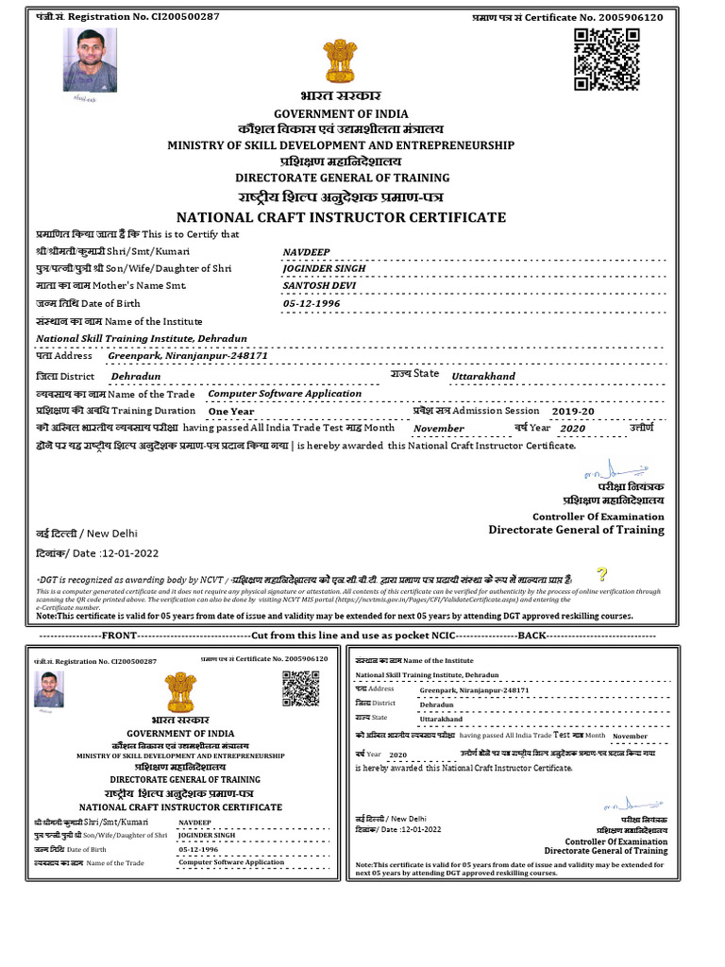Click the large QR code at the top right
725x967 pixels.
pos(607,59)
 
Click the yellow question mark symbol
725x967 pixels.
pos(601,575)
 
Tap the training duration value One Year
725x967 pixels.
pos(231,412)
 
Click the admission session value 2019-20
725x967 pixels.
pos(573,412)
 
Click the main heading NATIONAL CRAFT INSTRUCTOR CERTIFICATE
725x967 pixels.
pos(341,217)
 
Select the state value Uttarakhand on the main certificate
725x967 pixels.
pos(483,376)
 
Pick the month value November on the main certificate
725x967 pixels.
pos(438,429)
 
